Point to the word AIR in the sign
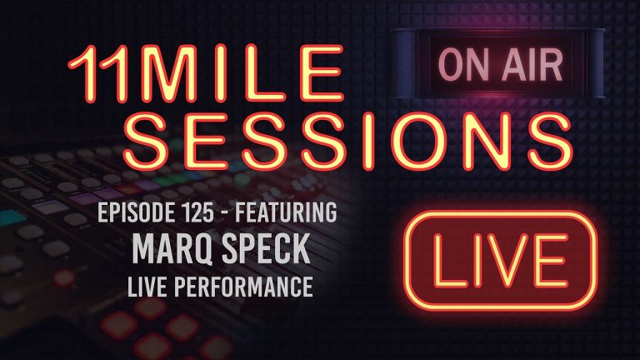tap(529, 64)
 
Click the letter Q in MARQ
tap(205, 252)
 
